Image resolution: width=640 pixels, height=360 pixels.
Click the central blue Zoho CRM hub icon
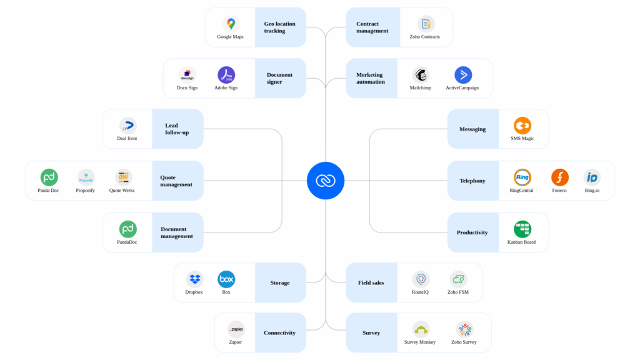326,181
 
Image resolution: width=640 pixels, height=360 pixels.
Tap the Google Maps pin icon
231,24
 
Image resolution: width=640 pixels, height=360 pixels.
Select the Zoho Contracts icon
426,24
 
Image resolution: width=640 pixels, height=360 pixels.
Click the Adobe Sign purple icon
226,75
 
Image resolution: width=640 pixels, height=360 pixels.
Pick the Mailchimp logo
421,75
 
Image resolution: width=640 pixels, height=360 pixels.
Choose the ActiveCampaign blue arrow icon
463,75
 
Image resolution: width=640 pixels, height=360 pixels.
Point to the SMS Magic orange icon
522,126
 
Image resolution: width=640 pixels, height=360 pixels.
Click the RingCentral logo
522,177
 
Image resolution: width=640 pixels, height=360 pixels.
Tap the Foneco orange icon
560,177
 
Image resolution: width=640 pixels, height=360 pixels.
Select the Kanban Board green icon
522,229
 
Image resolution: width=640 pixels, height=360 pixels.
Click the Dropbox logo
194,279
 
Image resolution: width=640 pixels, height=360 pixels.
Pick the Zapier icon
236,329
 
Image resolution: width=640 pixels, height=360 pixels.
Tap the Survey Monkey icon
421,329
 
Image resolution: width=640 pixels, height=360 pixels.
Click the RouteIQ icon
421,279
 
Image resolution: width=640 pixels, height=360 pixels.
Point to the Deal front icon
127,126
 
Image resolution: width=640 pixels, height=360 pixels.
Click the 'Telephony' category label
472,181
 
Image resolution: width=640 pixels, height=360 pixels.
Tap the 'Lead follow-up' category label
177,129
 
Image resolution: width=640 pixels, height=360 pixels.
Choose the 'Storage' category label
280,282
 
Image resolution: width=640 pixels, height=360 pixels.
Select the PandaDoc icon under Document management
127,229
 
